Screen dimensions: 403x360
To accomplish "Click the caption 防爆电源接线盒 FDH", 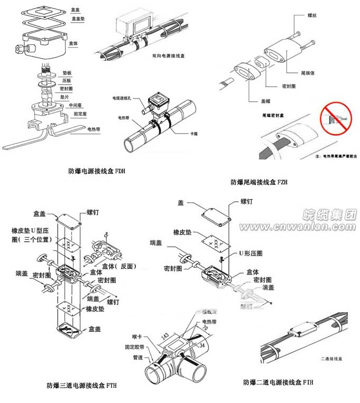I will coord(97,171).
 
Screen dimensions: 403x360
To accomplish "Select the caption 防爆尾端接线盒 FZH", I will coord(259,182).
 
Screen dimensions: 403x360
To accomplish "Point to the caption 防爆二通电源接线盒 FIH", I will coord(278,382).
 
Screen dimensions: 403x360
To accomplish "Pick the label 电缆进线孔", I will coord(123,98).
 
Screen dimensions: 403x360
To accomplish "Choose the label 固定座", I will coord(80,113).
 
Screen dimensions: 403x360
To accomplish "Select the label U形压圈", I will coord(251,254).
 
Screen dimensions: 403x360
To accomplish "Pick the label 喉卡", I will coord(137,336).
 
